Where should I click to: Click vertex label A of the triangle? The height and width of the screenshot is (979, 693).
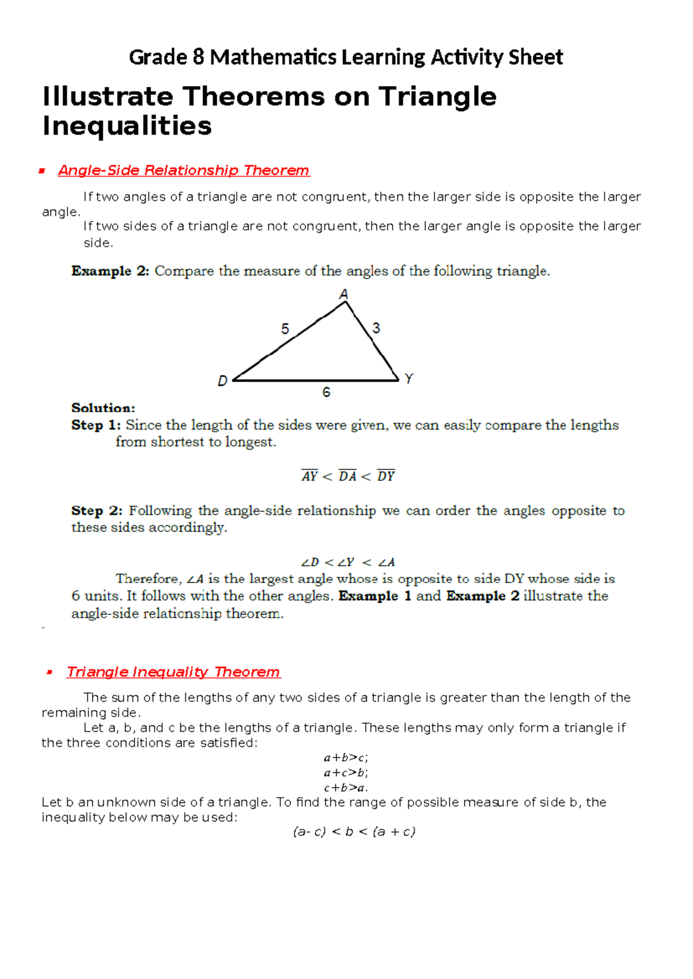pyautogui.click(x=344, y=294)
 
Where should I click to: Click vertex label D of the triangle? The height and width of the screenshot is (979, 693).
pyautogui.click(x=222, y=381)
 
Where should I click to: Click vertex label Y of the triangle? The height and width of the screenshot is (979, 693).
pyautogui.click(x=409, y=379)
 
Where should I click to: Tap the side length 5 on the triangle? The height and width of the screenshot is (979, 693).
pyautogui.click(x=285, y=329)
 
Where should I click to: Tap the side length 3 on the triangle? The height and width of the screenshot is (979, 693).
pyautogui.click(x=377, y=328)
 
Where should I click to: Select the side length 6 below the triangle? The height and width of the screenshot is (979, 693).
pyautogui.click(x=326, y=393)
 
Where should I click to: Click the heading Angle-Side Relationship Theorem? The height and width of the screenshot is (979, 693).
pyautogui.click(x=184, y=170)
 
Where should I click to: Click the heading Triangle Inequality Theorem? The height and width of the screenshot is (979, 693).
pyautogui.click(x=173, y=672)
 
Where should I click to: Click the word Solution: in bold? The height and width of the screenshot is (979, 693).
pyautogui.click(x=103, y=408)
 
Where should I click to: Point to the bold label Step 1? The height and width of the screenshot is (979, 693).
pyautogui.click(x=96, y=425)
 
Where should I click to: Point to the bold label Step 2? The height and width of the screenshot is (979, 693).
pyautogui.click(x=96, y=511)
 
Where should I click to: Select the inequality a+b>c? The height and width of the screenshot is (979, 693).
pyautogui.click(x=346, y=757)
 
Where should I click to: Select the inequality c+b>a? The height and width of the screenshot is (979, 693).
pyautogui.click(x=346, y=787)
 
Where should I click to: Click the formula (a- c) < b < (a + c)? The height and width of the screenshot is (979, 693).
pyautogui.click(x=354, y=832)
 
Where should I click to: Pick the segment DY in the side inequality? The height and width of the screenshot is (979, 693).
pyautogui.click(x=386, y=476)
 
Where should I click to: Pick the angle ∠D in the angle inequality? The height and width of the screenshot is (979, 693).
pyautogui.click(x=310, y=562)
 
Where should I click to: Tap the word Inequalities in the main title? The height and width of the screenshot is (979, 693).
pyautogui.click(x=127, y=126)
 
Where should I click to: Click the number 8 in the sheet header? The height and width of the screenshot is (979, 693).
pyautogui.click(x=198, y=57)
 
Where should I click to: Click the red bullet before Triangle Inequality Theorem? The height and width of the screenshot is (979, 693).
pyautogui.click(x=50, y=672)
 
